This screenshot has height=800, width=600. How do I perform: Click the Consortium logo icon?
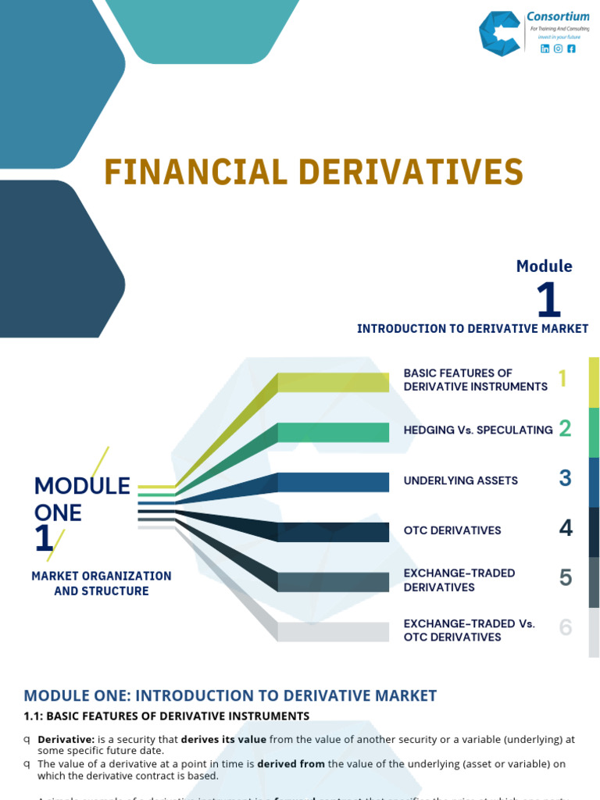point(500,34)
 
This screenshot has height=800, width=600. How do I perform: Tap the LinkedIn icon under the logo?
point(545,48)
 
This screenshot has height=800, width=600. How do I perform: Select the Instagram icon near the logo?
point(558,48)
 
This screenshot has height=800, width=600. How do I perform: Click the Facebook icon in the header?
point(571,48)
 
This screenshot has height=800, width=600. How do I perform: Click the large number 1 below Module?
point(548,300)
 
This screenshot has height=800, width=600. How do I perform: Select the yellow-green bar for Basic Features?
point(333,382)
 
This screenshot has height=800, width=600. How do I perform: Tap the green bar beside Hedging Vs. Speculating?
point(333,432)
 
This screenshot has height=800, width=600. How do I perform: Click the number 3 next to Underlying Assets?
point(566,478)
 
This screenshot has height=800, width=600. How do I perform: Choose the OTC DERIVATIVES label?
point(452,530)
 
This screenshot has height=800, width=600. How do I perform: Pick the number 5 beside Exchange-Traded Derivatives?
point(566,578)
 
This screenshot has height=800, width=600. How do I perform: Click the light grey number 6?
point(566,627)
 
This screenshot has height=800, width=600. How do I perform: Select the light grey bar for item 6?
point(333,631)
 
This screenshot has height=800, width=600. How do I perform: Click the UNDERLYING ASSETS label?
point(460,480)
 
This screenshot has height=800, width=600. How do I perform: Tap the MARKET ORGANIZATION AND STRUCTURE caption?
point(102,584)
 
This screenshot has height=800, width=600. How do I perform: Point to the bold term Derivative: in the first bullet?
point(66,739)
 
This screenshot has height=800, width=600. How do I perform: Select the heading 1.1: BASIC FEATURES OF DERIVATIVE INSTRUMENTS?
point(166,716)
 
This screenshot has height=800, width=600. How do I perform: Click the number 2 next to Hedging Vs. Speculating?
point(566,428)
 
